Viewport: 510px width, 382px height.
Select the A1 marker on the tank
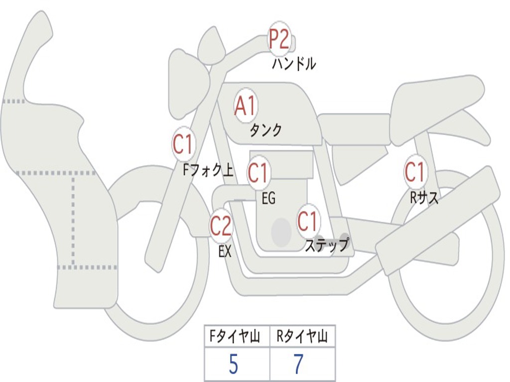(x=245, y=106)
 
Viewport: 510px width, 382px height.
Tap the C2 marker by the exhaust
(x=221, y=226)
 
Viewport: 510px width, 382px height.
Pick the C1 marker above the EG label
(x=258, y=173)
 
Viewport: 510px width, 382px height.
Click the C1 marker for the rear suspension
(x=414, y=172)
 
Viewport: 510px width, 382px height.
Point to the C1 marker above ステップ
(x=308, y=221)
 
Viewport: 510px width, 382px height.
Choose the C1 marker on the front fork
(x=183, y=145)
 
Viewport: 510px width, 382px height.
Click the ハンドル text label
(x=294, y=64)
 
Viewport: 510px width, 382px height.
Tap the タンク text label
(x=265, y=130)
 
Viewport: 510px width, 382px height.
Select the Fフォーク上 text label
(x=208, y=171)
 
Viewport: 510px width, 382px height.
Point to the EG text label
(x=268, y=199)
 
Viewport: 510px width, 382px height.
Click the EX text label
(x=225, y=252)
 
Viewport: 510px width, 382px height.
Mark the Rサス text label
(x=424, y=198)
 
